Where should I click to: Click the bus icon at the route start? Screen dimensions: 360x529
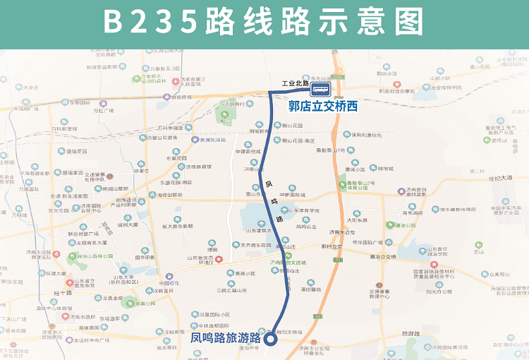point(321,90)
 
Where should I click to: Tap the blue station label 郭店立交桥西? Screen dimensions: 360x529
point(323,107)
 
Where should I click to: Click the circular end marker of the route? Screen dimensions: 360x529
point(269,339)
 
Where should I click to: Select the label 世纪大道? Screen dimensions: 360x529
point(499,178)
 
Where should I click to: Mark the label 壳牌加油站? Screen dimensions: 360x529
point(210,140)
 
